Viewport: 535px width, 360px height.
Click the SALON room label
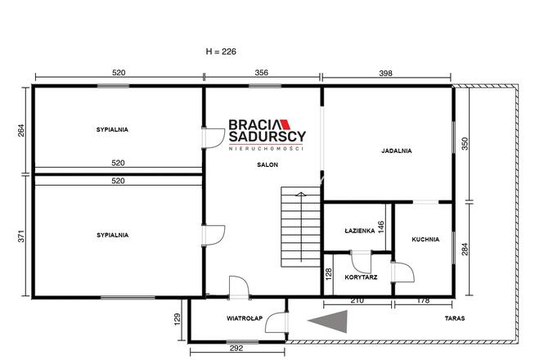267,164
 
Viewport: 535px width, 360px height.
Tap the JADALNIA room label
397,151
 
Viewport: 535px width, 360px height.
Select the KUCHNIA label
425,239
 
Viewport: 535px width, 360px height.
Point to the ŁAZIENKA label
360,231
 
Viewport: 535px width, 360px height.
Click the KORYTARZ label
361,277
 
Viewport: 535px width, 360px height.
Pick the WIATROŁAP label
245,318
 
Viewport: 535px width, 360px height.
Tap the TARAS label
455,318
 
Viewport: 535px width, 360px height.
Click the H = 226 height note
221,52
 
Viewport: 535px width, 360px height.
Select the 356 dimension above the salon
261,73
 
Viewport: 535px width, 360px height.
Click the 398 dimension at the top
385,73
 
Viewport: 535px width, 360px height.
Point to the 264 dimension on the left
21,130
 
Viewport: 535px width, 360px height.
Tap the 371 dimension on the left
21,236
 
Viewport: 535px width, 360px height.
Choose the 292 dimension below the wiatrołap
236,348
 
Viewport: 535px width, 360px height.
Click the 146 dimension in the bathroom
381,227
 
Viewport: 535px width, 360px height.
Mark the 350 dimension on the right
465,143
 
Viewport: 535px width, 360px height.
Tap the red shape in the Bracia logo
285,124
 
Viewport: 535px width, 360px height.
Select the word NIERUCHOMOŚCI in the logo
266,148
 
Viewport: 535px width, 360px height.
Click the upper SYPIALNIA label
112,129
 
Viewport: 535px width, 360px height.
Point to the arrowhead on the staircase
300,194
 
